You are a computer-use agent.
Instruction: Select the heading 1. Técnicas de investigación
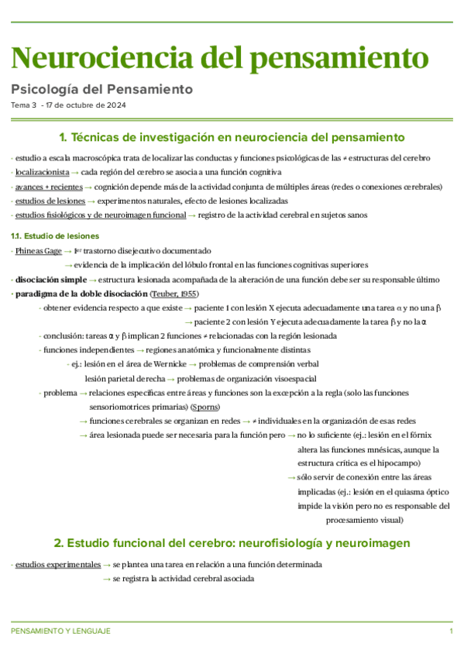(232, 138)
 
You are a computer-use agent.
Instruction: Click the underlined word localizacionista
(42, 172)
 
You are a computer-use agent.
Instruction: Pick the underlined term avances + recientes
(47, 187)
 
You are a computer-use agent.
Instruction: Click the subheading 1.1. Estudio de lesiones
(54, 236)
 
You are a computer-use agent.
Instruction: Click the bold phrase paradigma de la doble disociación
(81, 294)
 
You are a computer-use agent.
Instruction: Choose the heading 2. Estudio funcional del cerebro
(232, 542)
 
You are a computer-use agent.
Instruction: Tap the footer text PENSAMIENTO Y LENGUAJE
(60, 631)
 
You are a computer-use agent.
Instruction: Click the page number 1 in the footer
(451, 631)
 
